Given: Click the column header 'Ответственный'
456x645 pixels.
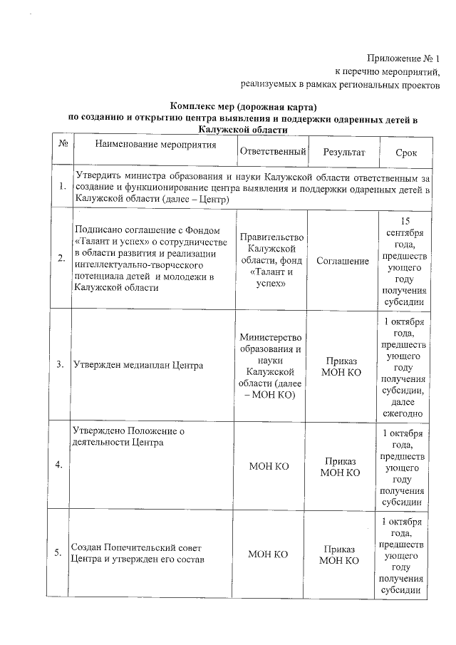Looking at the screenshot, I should [x=273, y=152].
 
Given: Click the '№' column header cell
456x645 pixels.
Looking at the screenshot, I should [x=63, y=145].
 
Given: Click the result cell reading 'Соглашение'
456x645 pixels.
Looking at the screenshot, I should [x=343, y=262].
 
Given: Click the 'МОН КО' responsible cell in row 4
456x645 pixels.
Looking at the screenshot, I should [x=269, y=466].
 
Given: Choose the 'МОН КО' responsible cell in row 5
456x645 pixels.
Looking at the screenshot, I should [x=269, y=554].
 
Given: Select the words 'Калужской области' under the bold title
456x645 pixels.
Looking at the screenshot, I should [x=235, y=130].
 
